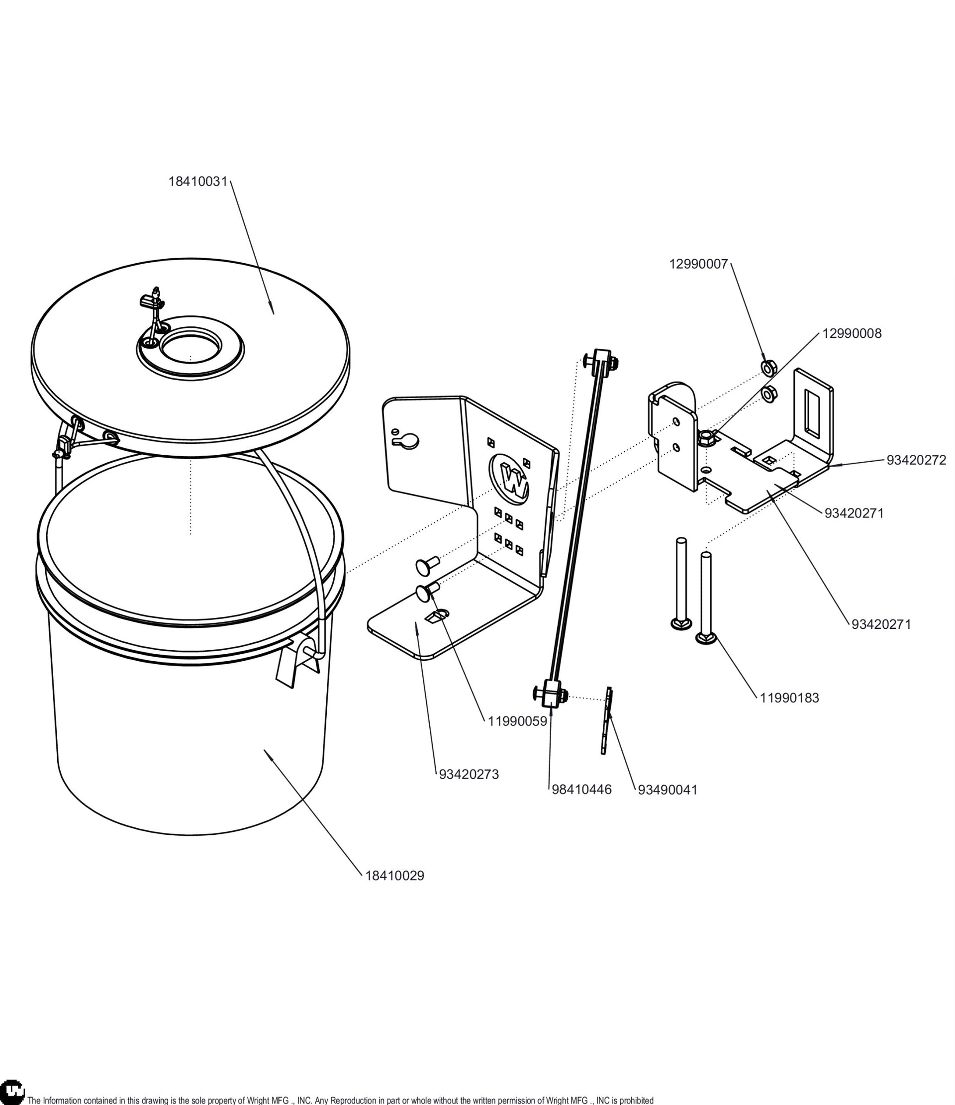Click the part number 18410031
(198, 181)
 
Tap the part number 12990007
(698, 264)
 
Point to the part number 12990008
(852, 333)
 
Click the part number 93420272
(916, 460)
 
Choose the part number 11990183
(789, 698)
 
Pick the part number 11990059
(517, 721)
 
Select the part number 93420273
(469, 774)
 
